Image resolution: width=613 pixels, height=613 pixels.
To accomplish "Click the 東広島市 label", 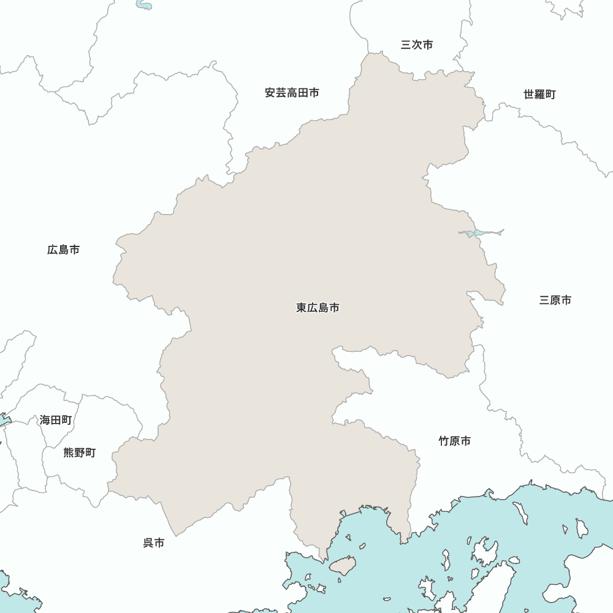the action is [x=318, y=308].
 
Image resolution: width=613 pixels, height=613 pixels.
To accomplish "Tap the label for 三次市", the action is [x=417, y=45].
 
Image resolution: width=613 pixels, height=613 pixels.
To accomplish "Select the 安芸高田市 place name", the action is [x=292, y=93].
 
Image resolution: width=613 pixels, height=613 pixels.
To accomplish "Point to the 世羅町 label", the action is [x=539, y=94].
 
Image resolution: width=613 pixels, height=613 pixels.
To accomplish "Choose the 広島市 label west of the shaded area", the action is [x=63, y=250].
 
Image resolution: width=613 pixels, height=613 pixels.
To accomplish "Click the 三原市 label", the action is [x=555, y=300].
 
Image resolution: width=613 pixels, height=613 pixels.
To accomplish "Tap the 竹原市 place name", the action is [x=455, y=441].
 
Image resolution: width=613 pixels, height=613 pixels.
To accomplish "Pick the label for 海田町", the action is [x=56, y=420].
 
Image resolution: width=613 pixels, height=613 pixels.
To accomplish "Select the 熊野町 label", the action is [x=80, y=453].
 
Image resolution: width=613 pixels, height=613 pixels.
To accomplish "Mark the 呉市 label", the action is [x=154, y=543].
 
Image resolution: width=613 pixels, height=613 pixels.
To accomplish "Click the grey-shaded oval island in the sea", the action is [x=343, y=565].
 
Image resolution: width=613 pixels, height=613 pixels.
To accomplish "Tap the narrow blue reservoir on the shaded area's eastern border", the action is [x=481, y=233].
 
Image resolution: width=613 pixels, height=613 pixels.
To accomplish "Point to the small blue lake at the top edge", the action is [x=144, y=6].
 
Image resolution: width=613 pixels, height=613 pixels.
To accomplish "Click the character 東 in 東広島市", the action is [x=302, y=308].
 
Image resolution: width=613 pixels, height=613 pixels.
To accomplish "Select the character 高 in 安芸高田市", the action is [x=292, y=93].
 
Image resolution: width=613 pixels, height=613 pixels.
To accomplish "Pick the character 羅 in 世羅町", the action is [x=539, y=94].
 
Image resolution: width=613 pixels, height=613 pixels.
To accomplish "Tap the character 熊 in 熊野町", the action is [x=69, y=453].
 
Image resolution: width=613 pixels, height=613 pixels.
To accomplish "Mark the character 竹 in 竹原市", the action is [x=444, y=441].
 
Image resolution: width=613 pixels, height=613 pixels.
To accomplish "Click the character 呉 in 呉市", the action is [x=148, y=543].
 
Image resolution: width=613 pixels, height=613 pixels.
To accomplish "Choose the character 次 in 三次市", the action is [x=417, y=45].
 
